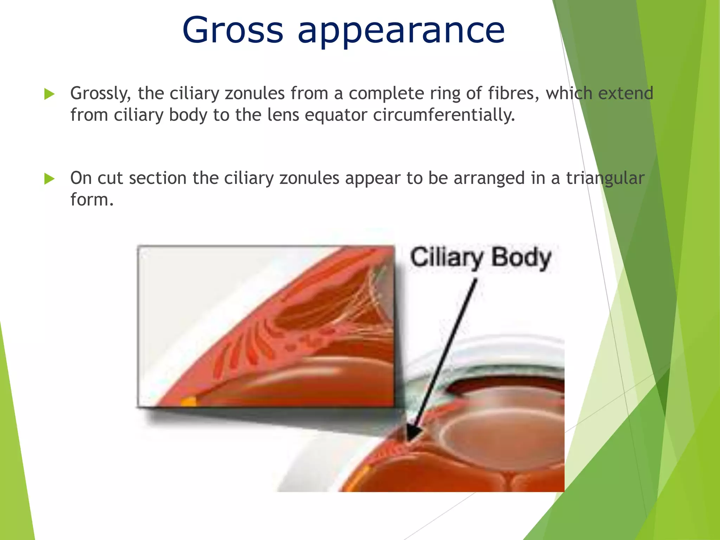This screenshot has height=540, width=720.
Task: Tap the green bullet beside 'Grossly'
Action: [x=50, y=94]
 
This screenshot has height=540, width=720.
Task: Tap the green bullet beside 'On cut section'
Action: [x=50, y=179]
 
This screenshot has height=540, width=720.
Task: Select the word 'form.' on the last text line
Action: [x=92, y=200]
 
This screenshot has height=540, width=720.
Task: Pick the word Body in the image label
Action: [x=521, y=258]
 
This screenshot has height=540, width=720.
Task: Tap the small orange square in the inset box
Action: [x=188, y=401]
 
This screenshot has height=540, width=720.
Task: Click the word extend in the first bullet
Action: [x=625, y=94]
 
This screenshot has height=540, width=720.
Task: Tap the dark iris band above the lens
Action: [x=503, y=383]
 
